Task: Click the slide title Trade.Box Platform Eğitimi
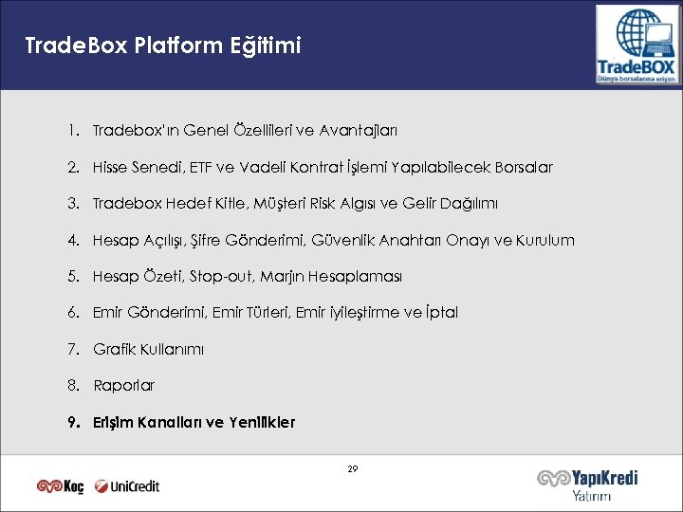(163, 46)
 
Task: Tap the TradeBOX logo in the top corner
(637, 45)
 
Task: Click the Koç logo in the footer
(61, 486)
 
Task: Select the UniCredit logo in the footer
(128, 486)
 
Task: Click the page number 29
(353, 469)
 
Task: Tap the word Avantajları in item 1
(363, 130)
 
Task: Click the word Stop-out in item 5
(220, 276)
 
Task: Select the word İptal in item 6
(438, 312)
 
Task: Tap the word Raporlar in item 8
(123, 385)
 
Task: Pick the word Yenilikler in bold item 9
(262, 422)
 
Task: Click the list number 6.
(72, 312)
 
